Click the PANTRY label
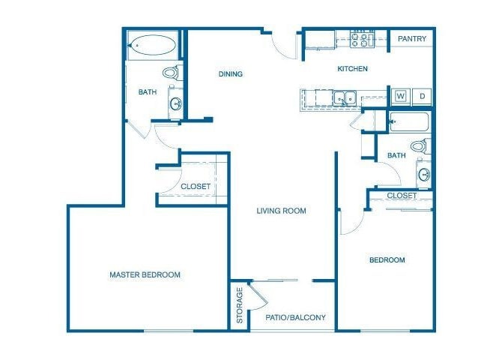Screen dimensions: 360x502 coord(411,39)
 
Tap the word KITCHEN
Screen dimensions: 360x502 coord(352,69)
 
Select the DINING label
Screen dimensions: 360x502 coord(230,73)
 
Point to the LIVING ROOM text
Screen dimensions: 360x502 coord(281,211)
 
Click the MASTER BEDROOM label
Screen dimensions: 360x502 coord(145,274)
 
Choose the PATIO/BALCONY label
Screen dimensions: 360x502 coord(296,317)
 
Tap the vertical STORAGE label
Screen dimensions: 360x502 coord(240,305)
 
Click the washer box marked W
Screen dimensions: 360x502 coord(400,96)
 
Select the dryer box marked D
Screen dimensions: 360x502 coord(422,96)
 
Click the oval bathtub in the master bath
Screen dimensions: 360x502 coord(153,46)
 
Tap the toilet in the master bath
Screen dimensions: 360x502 coord(172,73)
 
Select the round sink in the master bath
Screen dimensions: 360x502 coord(175,103)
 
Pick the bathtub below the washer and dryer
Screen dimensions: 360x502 coord(408,121)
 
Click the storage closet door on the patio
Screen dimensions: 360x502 coord(256,294)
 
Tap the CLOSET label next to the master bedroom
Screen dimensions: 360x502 coord(196,186)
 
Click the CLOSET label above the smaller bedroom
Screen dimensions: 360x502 coord(402,196)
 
